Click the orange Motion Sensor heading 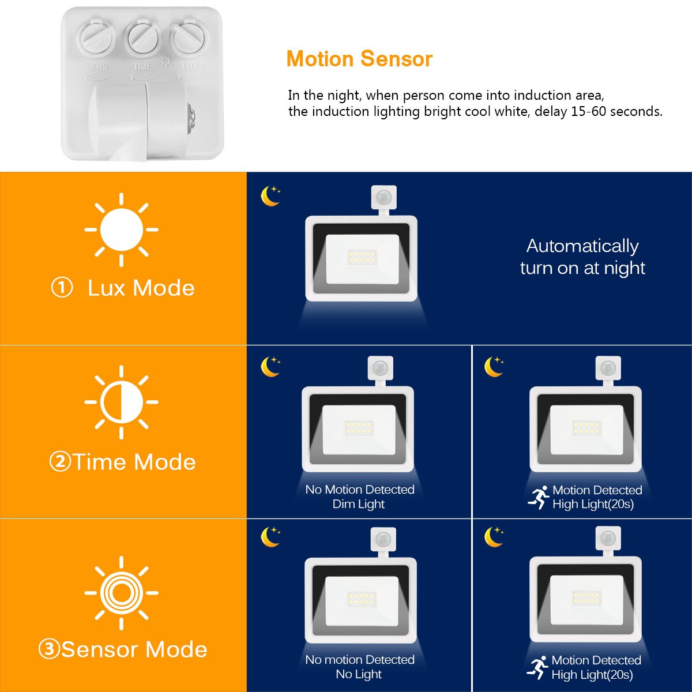click(359, 59)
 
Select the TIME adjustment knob click(142, 37)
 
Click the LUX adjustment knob click(189, 38)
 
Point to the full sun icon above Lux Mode click(121, 230)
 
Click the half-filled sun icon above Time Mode click(121, 402)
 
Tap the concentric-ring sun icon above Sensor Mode click(121, 593)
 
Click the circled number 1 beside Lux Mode click(62, 288)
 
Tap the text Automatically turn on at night click(582, 257)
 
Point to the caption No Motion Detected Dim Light click(359, 497)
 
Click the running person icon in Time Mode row click(538, 497)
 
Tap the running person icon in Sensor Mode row click(537, 668)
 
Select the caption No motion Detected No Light click(359, 667)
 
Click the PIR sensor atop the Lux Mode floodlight click(384, 198)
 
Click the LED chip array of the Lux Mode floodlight click(362, 257)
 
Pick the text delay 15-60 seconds click(598, 111)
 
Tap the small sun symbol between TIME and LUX click(166, 62)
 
